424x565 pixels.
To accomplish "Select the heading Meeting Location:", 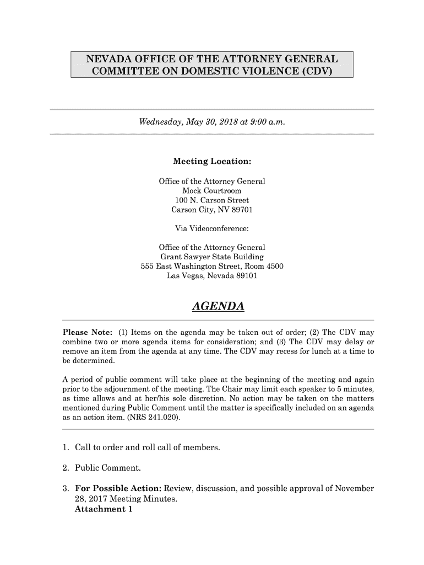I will click(212, 162).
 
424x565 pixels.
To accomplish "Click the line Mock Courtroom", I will click(212, 190).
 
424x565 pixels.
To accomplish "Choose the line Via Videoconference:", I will click(212, 228).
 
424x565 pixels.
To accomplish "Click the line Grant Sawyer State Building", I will click(212, 257).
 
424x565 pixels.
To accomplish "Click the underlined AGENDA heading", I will click(218, 306).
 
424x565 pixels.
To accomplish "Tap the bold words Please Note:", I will click(87, 333).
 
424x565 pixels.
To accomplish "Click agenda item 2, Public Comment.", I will click(108, 468).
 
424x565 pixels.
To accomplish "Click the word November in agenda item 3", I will click(353, 489).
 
